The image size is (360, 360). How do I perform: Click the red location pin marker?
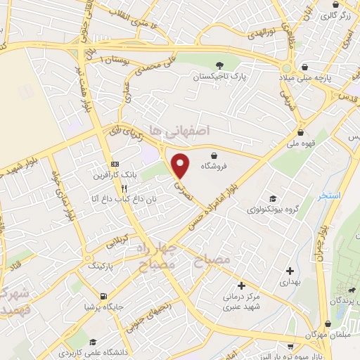181,165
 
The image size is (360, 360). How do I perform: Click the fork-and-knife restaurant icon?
124,188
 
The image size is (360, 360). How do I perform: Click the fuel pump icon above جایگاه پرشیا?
104,296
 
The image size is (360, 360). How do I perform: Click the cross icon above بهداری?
290,270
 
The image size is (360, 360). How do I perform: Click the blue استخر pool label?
328,195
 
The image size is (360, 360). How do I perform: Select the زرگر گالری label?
337,15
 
